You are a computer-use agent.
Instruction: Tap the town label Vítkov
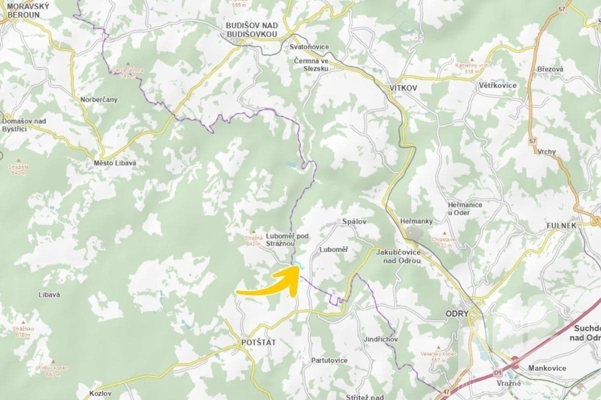(x=403, y=87)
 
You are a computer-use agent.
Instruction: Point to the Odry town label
(x=456, y=313)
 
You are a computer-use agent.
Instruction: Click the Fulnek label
(x=562, y=225)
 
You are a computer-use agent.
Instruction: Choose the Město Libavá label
(x=115, y=163)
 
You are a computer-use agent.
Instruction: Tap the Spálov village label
(x=355, y=221)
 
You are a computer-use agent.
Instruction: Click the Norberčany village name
(x=99, y=99)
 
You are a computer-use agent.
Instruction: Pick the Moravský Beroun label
(x=24, y=10)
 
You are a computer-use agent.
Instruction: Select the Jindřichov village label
(x=381, y=339)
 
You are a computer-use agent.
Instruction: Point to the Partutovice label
(x=329, y=360)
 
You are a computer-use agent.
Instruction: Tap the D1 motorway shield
(x=498, y=372)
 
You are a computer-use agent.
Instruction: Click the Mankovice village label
(x=547, y=368)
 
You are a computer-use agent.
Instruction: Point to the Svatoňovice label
(x=309, y=47)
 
